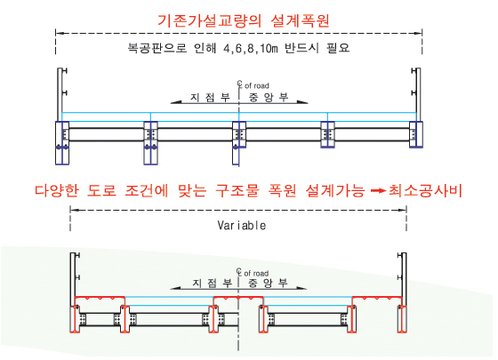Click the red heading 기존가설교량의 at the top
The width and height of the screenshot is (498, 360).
pyautogui.click(x=209, y=20)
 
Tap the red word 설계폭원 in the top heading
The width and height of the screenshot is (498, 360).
pyautogui.click(x=301, y=20)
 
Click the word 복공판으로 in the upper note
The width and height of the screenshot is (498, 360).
pyautogui.click(x=157, y=48)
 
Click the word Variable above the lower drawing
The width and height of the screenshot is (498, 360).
pyautogui.click(x=242, y=226)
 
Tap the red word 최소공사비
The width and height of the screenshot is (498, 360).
pyautogui.click(x=425, y=190)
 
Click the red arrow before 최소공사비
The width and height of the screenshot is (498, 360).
pyautogui.click(x=378, y=191)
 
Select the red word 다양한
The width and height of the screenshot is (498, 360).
pyautogui.click(x=57, y=190)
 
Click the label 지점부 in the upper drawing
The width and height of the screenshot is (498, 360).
pyautogui.click(x=210, y=97)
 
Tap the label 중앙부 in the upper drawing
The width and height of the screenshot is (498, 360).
pyautogui.click(x=269, y=97)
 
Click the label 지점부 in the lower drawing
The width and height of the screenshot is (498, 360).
pyautogui.click(x=212, y=283)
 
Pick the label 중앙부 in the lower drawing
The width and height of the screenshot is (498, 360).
pyautogui.click(x=268, y=283)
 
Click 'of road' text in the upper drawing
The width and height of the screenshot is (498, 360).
pyautogui.click(x=257, y=85)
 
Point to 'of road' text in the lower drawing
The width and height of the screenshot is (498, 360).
pyautogui.click(x=256, y=274)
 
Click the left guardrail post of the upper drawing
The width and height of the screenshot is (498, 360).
pyautogui.click(x=60, y=94)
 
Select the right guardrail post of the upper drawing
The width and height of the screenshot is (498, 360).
pyautogui.click(x=418, y=94)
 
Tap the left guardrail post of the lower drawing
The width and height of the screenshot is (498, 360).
pyautogui.click(x=73, y=279)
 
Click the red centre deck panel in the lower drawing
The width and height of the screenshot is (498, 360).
pyautogui.click(x=238, y=298)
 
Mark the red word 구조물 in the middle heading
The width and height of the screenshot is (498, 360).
pyautogui.click(x=237, y=190)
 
